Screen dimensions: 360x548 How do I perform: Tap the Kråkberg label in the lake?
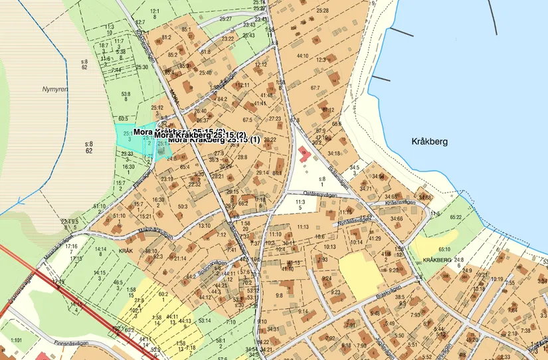430,141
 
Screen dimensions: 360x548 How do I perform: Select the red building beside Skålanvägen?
304,153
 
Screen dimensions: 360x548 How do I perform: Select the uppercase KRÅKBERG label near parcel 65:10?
437,259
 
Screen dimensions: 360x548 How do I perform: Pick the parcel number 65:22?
456,217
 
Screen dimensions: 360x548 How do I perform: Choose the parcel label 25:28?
323,11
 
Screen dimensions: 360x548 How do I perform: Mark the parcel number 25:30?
141,67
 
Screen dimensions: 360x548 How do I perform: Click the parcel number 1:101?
16,339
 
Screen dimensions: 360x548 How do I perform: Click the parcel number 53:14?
205,321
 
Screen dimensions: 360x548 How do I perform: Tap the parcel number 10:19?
497,279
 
